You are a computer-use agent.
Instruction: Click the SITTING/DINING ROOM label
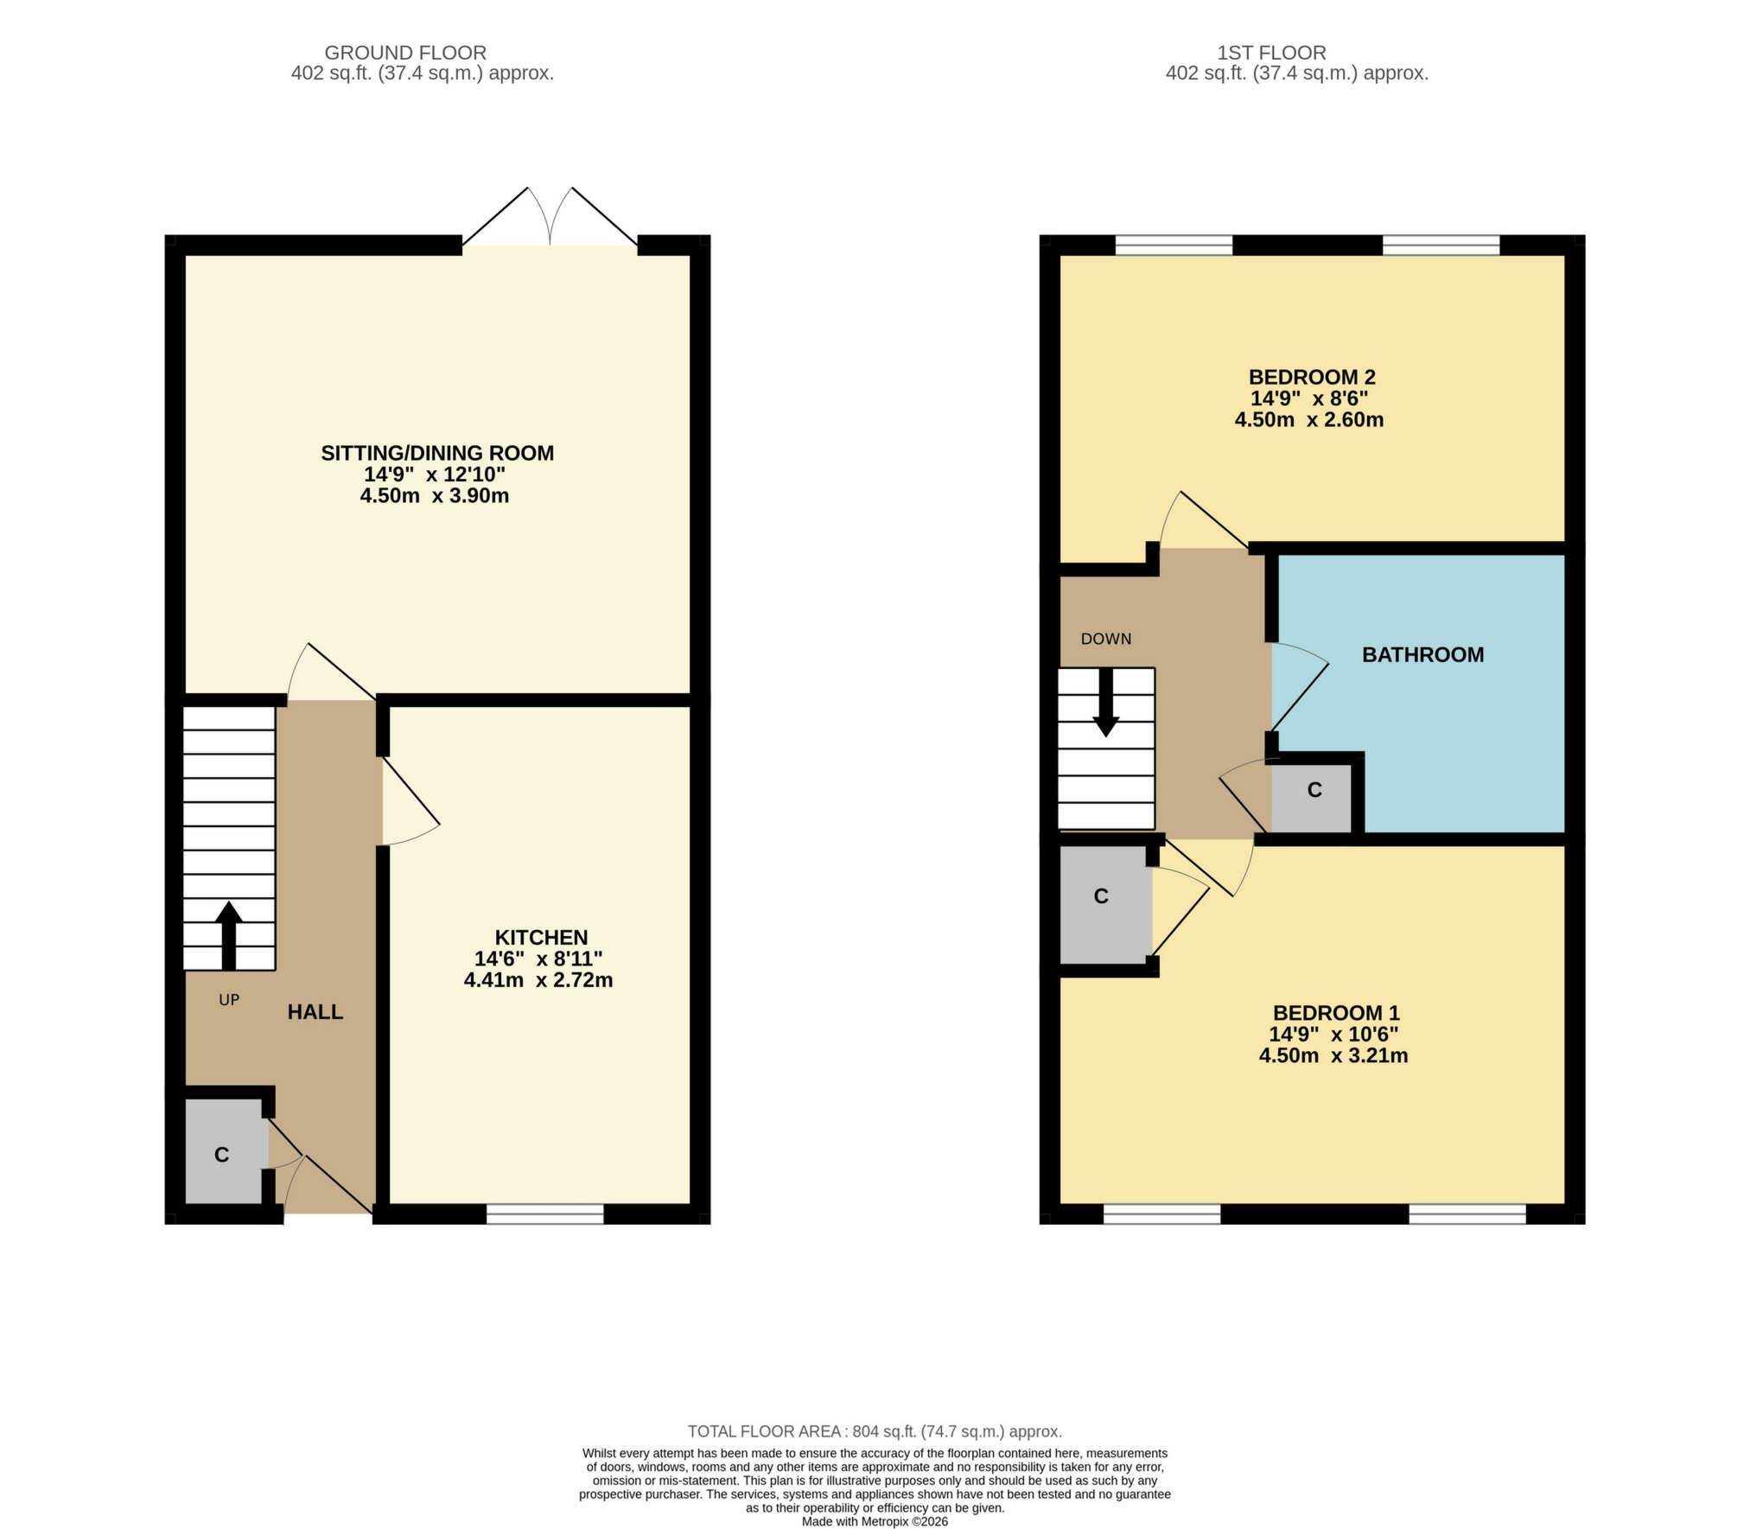pos(436,453)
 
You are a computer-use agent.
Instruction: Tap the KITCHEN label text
pos(541,937)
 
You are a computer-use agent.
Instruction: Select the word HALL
pos(315,1011)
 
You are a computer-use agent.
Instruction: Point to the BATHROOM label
pos(1422,654)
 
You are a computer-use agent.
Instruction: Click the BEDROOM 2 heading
pos(1311,377)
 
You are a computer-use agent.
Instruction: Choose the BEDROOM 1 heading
pos(1335,1012)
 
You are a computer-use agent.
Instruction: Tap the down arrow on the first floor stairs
pos(1105,704)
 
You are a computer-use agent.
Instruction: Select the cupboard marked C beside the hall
pos(222,1155)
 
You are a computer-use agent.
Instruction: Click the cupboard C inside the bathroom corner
pos(1314,790)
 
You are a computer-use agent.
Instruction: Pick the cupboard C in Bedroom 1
pos(1101,896)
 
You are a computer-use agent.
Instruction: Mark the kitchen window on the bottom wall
pos(544,1214)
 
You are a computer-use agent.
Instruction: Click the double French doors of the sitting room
pos(550,219)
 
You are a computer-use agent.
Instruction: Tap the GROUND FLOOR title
pos(405,53)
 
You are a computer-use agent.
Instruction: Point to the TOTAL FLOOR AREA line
pos(874,1431)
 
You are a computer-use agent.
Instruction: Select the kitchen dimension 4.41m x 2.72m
pos(538,980)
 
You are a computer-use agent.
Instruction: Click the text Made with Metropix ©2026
pos(874,1521)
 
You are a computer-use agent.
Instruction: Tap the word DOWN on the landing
pos(1105,639)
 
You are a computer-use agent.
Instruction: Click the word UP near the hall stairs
pos(228,999)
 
